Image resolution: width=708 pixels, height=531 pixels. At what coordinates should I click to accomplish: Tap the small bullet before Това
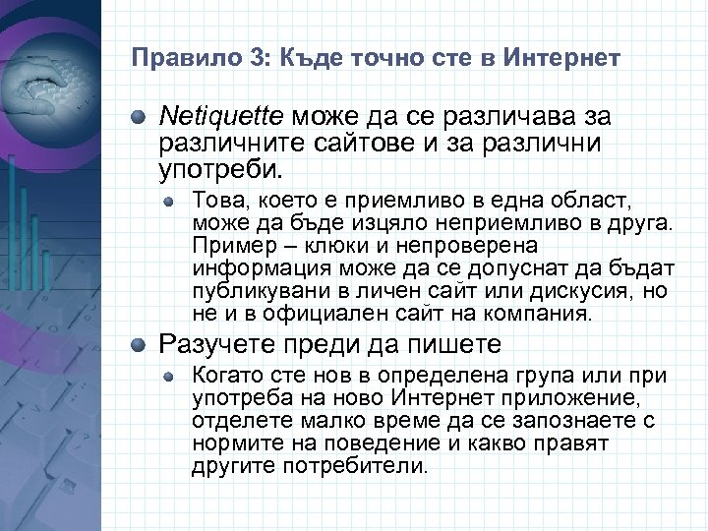pyautogui.click(x=169, y=201)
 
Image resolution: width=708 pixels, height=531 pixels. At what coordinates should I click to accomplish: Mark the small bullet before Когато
pyautogui.click(x=169, y=376)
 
